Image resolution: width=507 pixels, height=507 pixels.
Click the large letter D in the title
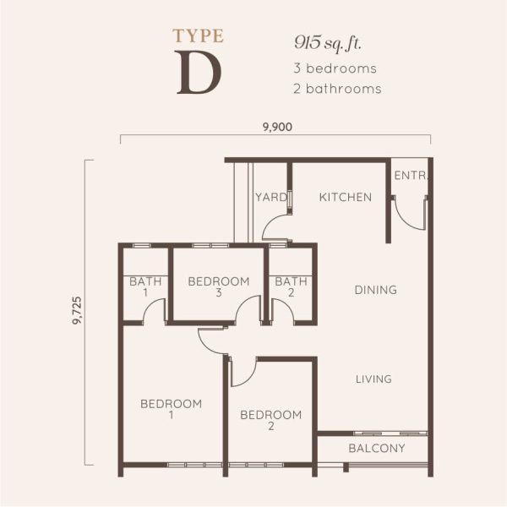[x=199, y=73]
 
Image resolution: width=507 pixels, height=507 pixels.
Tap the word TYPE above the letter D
[x=198, y=35]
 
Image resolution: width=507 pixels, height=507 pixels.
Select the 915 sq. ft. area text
[x=327, y=43]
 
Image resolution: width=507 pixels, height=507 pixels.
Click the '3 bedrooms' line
[x=335, y=68]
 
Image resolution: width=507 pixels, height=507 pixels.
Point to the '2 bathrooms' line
[x=337, y=89]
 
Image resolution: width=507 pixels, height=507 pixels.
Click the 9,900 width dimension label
[x=277, y=127]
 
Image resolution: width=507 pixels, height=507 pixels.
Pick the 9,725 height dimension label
[x=78, y=310]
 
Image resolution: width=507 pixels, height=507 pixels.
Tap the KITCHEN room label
[x=346, y=197]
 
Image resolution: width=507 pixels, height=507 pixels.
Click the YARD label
[x=271, y=197]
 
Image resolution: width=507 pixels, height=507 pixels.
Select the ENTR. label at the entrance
[x=411, y=176]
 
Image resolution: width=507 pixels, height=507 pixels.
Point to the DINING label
[x=376, y=290]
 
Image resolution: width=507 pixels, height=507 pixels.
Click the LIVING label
[x=373, y=379]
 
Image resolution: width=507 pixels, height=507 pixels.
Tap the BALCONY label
[x=377, y=448]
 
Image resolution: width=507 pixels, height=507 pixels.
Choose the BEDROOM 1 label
[x=171, y=409]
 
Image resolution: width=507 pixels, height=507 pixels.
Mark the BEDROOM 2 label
[x=271, y=420]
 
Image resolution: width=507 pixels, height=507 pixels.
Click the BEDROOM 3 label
[x=219, y=287]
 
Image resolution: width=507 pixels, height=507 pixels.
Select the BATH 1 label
[x=145, y=287]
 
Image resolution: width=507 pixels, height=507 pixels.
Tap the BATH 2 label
[x=291, y=287]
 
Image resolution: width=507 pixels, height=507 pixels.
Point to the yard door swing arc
[x=269, y=221]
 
